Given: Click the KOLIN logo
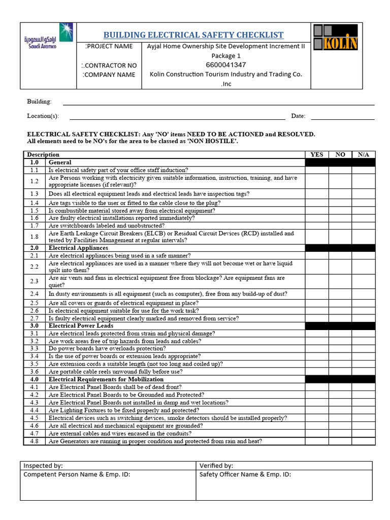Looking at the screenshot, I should (335, 38).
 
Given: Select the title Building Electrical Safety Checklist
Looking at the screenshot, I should (193, 35).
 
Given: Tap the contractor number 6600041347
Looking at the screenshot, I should (226, 64).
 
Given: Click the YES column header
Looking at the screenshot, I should (316, 154).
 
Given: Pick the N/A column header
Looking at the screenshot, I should (364, 154).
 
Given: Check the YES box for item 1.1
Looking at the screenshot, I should (316, 170).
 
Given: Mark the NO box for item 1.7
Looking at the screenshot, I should (340, 225).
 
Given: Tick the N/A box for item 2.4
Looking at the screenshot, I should (364, 294).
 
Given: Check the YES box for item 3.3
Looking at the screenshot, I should (316, 349).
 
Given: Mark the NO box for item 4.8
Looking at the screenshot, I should (340, 441).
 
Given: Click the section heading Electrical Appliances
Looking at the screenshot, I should (78, 248).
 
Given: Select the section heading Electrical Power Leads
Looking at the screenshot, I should (81, 326).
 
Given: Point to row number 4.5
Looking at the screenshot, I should (34, 418).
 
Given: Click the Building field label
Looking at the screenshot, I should (39, 102).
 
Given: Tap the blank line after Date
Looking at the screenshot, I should (342, 116).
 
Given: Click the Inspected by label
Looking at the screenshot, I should (43, 465).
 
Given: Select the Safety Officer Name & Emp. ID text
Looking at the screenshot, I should (245, 475).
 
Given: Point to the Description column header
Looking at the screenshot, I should (43, 154).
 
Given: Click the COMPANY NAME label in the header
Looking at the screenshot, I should (109, 75).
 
